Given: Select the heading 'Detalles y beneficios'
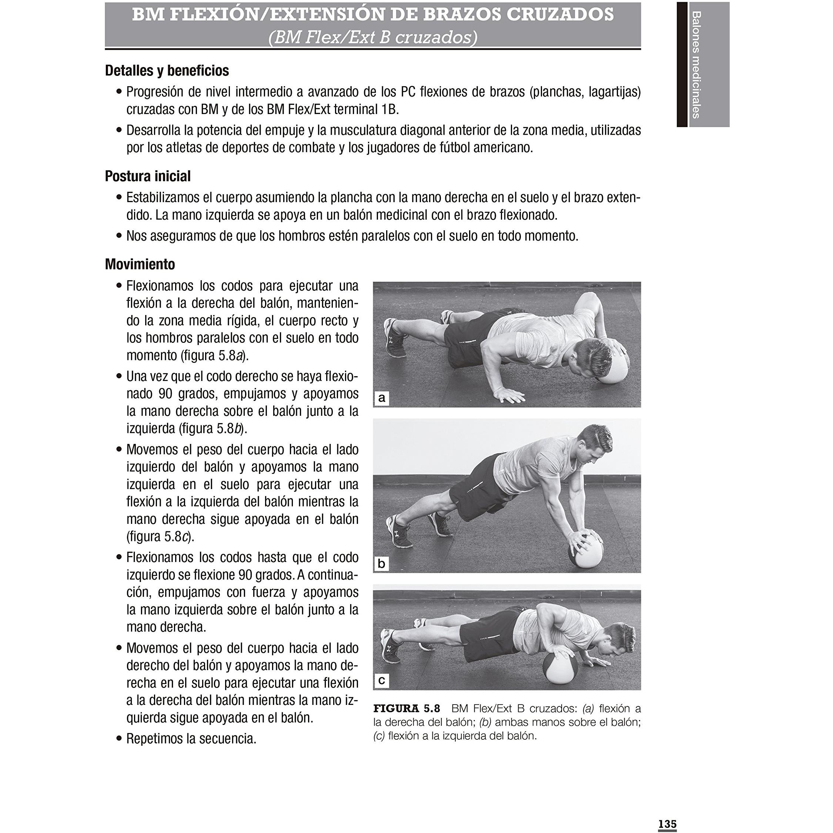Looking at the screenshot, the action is pos(167,70).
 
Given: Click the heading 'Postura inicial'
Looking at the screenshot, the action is pos(148,176).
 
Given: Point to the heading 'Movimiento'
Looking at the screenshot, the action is pos(140,264).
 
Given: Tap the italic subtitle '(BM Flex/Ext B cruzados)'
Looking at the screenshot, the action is pos(373,37).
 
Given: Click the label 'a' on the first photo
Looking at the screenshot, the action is pos(381,398).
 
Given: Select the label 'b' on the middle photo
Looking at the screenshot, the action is pos(381,563).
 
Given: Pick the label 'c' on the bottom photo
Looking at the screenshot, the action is pos(381,680).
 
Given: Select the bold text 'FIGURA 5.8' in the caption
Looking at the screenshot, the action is pos(407,708).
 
